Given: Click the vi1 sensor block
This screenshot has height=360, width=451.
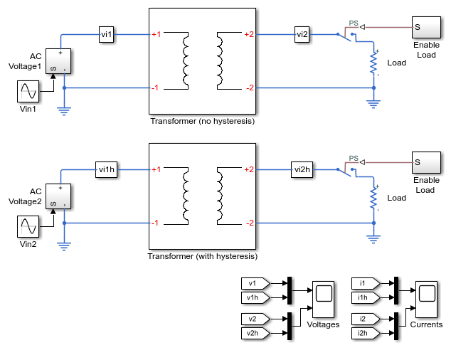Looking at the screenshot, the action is point(107,35).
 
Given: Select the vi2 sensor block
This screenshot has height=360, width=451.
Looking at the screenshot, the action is point(302,35).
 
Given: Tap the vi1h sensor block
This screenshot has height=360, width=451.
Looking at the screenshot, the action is point(107,169).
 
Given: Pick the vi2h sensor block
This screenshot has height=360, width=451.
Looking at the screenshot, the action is point(302,169).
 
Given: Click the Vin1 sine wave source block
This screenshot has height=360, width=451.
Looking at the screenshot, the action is point(28,92).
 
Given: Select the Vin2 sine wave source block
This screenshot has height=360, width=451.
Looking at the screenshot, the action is point(28,226).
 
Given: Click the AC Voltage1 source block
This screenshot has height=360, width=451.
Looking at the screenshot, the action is point(58,61).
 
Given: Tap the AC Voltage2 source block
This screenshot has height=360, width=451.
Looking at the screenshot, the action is point(58,196).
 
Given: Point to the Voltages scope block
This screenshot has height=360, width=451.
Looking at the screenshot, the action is point(323,300).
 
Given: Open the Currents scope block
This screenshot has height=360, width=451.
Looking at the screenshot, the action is point(426,300).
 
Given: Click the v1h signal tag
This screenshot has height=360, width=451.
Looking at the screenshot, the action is point(255,297).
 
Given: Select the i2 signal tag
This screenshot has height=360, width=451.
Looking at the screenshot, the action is point(366,319).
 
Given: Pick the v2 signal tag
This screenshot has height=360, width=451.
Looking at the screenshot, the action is point(255,319).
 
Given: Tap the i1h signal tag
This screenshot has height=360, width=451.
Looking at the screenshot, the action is point(366,297).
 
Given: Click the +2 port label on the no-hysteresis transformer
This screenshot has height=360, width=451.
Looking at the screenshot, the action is point(249,35).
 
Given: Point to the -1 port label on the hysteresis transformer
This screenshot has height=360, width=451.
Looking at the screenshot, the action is point(155,223).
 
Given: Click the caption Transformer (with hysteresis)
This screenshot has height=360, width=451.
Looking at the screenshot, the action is point(203,256).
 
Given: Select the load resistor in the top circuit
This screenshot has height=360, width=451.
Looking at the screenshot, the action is point(373,63).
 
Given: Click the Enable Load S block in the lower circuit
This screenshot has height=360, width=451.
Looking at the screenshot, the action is point(426,162).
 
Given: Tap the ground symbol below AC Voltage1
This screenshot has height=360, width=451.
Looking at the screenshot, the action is point(64,111).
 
